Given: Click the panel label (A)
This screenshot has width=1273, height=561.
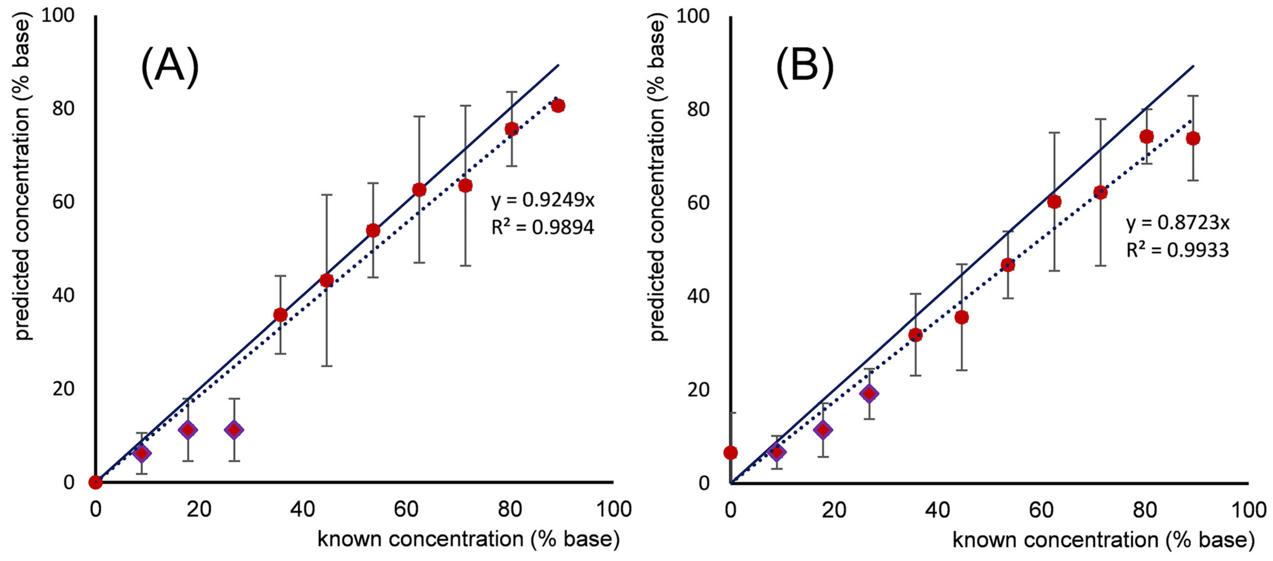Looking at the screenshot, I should [170, 68].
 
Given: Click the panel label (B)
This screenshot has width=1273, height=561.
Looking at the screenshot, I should [805, 68].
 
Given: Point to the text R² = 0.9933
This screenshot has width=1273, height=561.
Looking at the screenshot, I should [1177, 250].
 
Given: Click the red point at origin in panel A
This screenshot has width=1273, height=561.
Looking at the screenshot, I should [96, 482].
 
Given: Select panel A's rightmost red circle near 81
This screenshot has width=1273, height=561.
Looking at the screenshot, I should [558, 106].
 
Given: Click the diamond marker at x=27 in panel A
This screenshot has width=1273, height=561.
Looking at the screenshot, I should [234, 430].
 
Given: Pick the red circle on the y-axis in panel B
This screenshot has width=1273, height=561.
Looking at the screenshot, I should [730, 452].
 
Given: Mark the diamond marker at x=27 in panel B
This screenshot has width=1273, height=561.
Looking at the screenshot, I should [869, 393].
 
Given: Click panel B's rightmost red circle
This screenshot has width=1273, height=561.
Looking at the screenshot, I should [1193, 138].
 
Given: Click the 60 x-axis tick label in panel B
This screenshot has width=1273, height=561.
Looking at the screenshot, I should [1041, 510].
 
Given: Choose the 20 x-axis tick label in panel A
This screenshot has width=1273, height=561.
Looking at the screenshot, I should [199, 509].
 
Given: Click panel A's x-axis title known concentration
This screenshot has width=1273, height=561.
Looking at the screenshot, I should [468, 539].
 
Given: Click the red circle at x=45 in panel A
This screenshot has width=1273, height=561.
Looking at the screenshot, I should [326, 280].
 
